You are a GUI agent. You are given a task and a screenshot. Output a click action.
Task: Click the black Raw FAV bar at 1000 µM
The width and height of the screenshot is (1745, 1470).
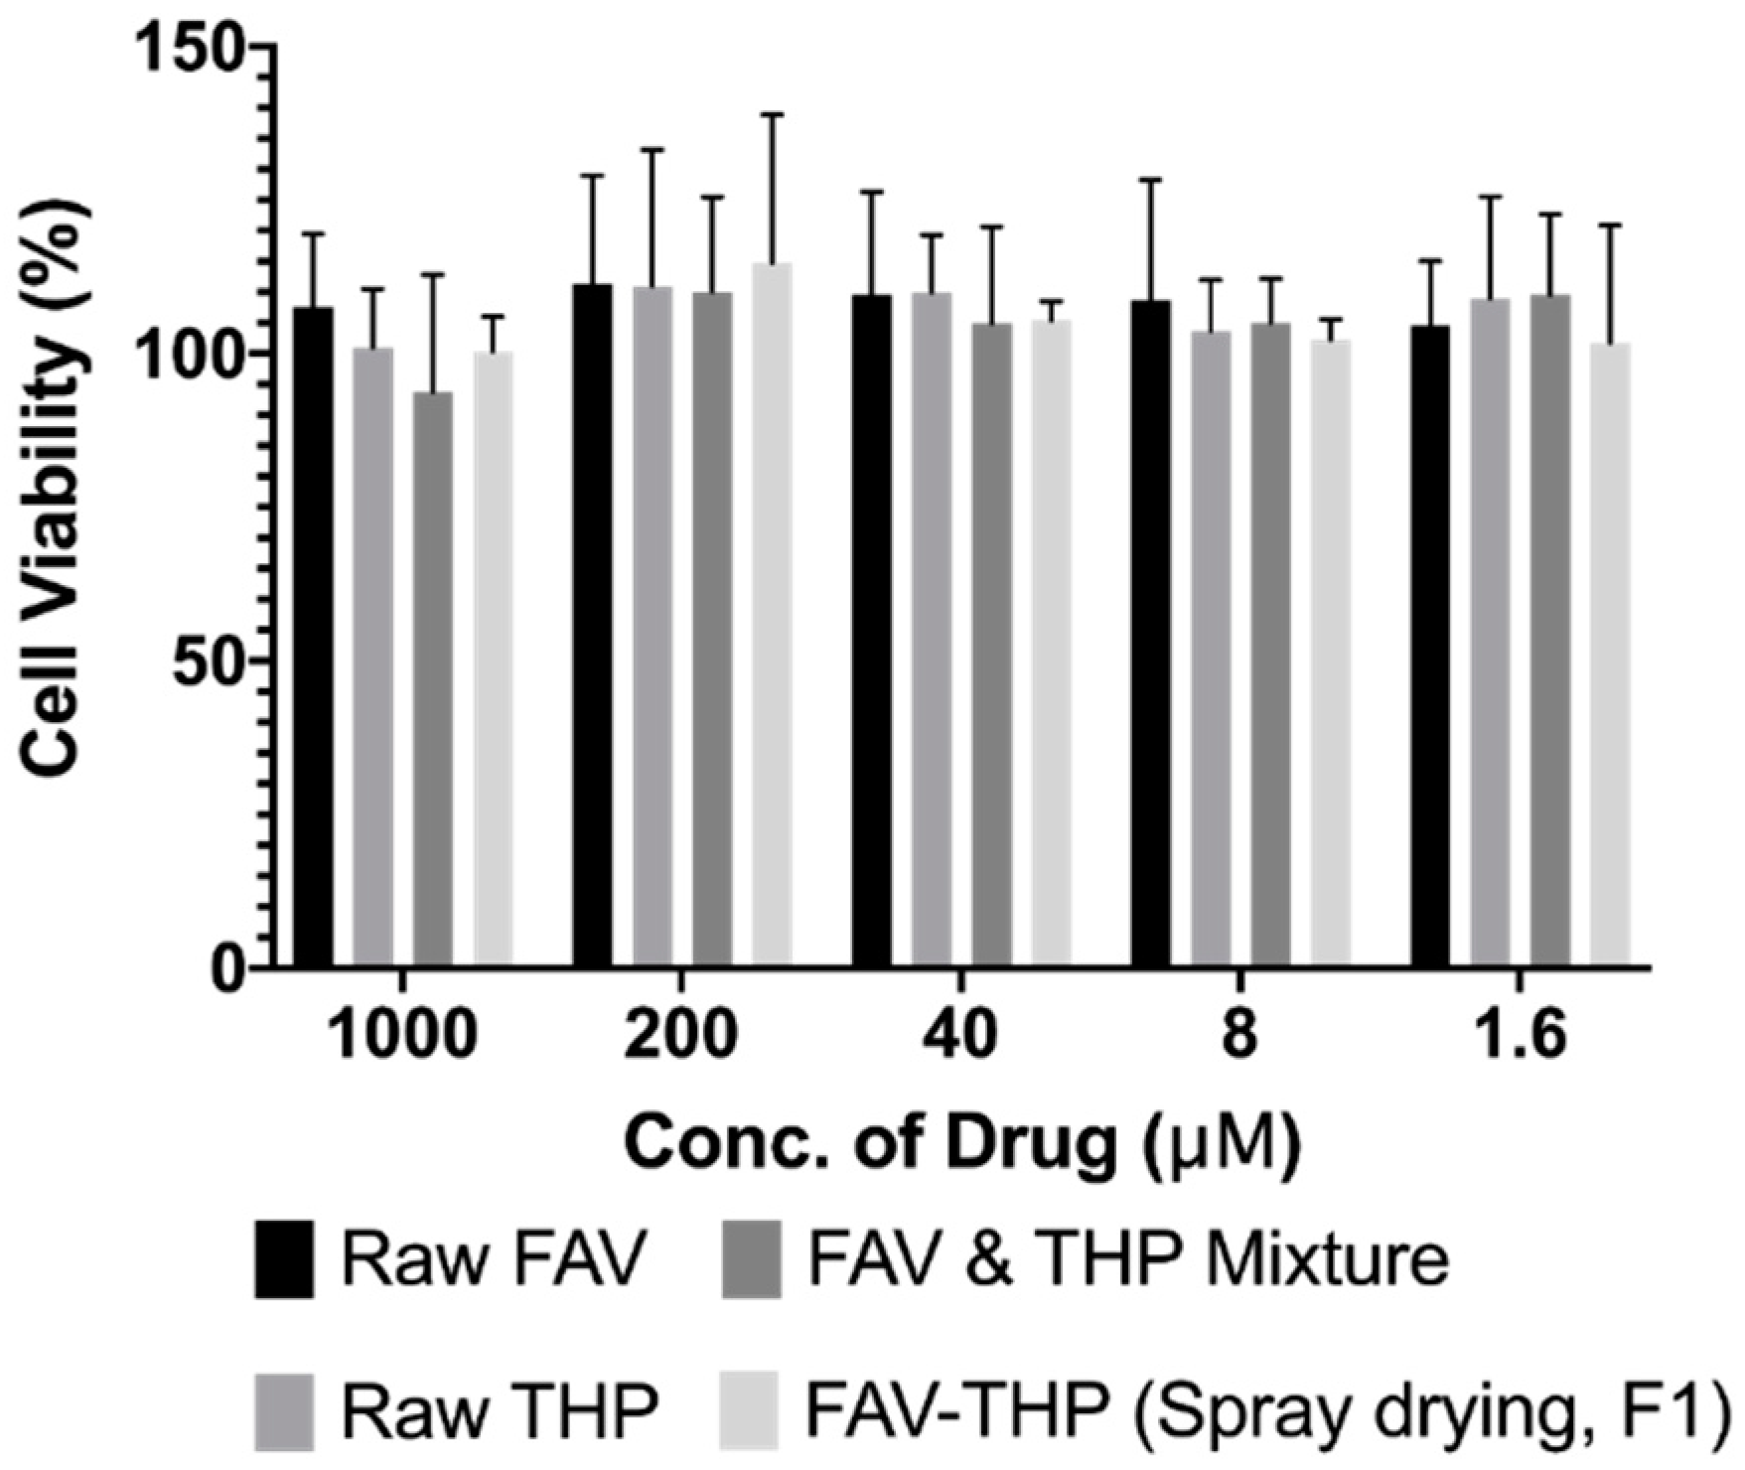[x=314, y=636]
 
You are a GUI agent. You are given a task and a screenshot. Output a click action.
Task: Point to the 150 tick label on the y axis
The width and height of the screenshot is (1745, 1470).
[x=189, y=48]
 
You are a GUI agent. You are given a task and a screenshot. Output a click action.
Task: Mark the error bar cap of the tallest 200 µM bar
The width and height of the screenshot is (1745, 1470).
[x=772, y=115]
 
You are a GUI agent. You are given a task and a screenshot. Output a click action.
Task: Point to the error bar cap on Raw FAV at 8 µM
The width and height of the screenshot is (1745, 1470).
[x=1151, y=180]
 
